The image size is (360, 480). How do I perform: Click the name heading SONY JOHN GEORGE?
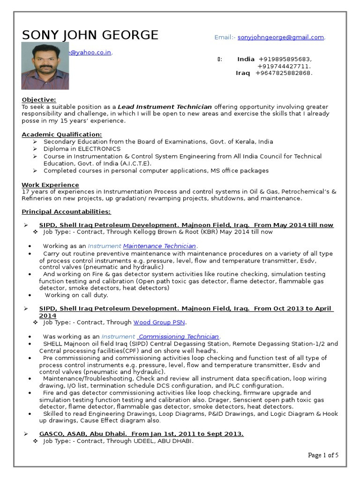[90, 35]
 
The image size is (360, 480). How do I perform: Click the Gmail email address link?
[280, 37]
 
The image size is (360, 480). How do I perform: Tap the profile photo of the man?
[45, 66]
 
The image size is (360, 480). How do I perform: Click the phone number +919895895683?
[285, 59]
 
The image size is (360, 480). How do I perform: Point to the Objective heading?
[39, 99]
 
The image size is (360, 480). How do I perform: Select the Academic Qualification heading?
[61, 135]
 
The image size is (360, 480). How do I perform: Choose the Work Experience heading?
[50, 185]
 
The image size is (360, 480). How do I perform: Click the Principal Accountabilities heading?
[66, 212]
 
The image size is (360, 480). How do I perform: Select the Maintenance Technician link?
[159, 246]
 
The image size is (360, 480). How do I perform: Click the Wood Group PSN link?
[159, 322]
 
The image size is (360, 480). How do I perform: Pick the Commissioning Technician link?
[179, 337]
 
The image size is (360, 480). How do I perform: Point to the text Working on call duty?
[76, 295]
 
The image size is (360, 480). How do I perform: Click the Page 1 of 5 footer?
[323, 455]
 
